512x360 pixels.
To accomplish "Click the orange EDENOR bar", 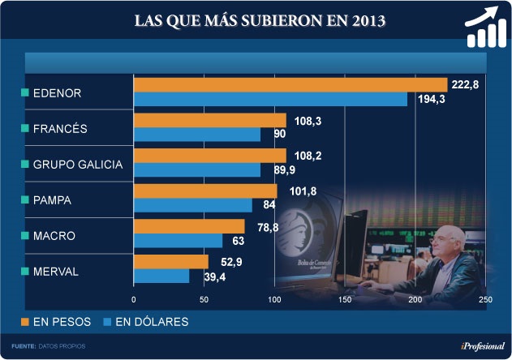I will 290,84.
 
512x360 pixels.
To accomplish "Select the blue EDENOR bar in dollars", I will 270,99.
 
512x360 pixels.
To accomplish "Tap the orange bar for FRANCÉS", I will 210,120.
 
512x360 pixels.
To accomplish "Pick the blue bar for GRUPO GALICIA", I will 197,170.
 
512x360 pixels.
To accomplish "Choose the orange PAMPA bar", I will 205,191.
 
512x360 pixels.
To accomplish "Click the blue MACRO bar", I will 178,241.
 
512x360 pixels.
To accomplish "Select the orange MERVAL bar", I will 171,262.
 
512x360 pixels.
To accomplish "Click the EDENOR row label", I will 57,93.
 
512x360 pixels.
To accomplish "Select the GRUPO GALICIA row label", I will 77,165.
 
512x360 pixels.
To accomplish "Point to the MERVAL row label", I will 55,272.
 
